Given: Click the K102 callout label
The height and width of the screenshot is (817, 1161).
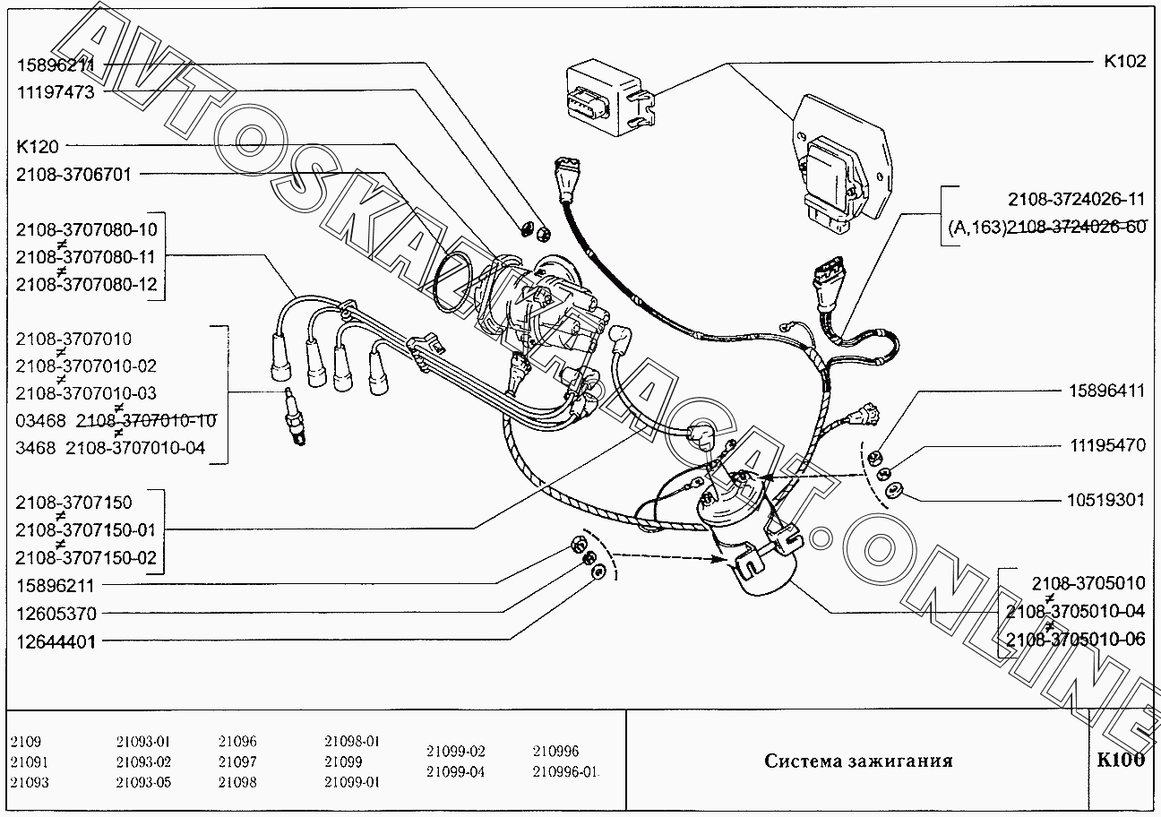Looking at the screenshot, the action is pyautogui.click(x=1124, y=61).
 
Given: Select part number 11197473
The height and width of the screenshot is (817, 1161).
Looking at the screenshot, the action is pyautogui.click(x=56, y=92).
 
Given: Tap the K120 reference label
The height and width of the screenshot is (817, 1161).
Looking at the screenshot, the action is pyautogui.click(x=38, y=147).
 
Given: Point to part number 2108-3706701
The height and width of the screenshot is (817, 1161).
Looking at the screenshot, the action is pyautogui.click(x=73, y=175).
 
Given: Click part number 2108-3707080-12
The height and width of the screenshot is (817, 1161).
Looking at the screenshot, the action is pyautogui.click(x=86, y=285).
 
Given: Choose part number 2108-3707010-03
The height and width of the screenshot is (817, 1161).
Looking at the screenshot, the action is pyautogui.click(x=85, y=393).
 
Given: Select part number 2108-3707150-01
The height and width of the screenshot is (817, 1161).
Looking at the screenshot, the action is pyautogui.click(x=85, y=530).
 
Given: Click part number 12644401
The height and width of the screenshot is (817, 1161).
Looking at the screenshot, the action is pyautogui.click(x=56, y=642).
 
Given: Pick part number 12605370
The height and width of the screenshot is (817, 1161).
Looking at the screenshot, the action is pyautogui.click(x=56, y=614).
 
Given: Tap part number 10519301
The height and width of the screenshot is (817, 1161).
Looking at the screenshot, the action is pyautogui.click(x=1105, y=500).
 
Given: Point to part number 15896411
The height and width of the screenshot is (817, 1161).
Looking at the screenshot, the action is pyautogui.click(x=1107, y=391).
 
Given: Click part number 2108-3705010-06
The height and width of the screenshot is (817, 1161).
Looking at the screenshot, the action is pyautogui.click(x=1076, y=640).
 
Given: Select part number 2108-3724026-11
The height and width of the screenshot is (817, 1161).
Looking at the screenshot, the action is pyautogui.click(x=1077, y=199).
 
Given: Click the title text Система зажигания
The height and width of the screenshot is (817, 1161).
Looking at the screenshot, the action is pyautogui.click(x=858, y=761).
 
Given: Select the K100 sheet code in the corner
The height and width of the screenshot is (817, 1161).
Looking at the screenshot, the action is pyautogui.click(x=1121, y=760).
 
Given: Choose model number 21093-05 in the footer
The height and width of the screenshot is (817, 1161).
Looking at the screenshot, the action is pyautogui.click(x=143, y=782).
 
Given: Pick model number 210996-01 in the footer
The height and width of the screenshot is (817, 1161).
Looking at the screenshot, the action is pyautogui.click(x=565, y=772).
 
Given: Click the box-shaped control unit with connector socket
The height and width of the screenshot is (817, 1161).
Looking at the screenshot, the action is pyautogui.click(x=609, y=99).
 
